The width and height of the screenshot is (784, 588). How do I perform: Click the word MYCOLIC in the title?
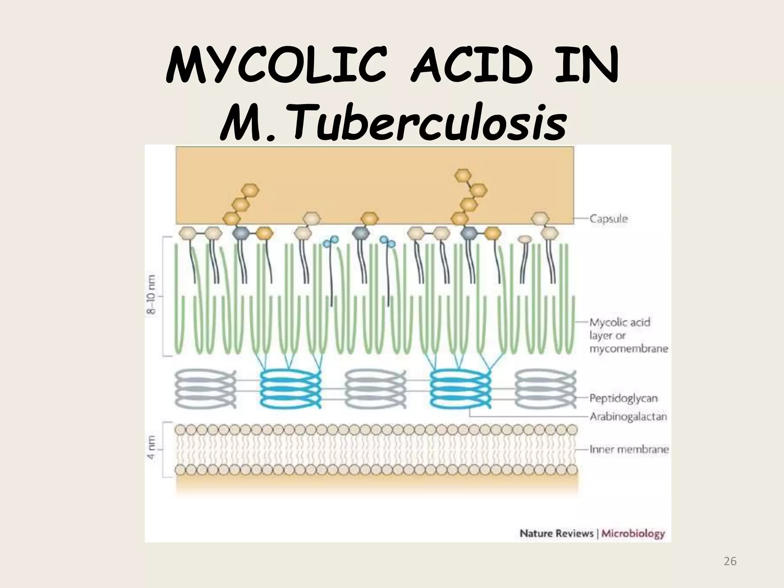[x=275, y=69]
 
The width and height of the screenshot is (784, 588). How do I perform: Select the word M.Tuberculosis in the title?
[x=393, y=123]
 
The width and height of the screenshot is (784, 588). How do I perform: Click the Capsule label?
[x=609, y=219]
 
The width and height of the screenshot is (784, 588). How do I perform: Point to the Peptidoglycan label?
[x=623, y=398]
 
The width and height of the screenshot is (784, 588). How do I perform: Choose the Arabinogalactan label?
[x=628, y=416]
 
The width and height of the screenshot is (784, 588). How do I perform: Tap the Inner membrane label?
[x=629, y=449]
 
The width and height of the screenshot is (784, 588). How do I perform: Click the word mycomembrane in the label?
[x=629, y=349]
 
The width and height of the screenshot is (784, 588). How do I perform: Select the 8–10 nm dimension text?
[x=152, y=295]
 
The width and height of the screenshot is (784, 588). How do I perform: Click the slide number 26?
[x=730, y=561]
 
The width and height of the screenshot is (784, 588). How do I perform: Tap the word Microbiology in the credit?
[x=633, y=534]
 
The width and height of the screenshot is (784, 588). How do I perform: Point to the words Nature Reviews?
[x=556, y=534]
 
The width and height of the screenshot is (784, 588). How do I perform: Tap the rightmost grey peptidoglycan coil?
[x=545, y=389]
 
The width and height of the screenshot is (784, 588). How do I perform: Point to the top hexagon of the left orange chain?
[x=251, y=190]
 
